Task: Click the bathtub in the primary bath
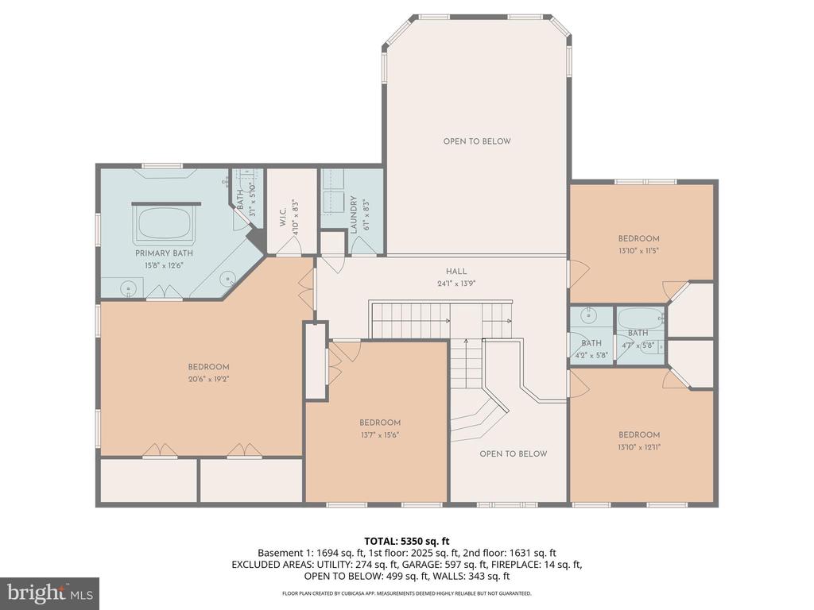[165, 222]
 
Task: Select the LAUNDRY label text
[354, 214]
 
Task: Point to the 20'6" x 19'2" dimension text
[208, 379]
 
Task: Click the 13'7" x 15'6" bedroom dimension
[379, 434]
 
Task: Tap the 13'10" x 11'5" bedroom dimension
[639, 250]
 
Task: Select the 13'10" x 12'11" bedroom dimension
[639, 446]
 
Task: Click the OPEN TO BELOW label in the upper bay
[477, 141]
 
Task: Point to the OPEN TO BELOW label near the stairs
[513, 454]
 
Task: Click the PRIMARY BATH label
[164, 253]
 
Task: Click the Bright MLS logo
[49, 593]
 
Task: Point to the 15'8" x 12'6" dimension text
[164, 265]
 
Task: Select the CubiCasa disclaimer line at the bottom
[406, 593]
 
